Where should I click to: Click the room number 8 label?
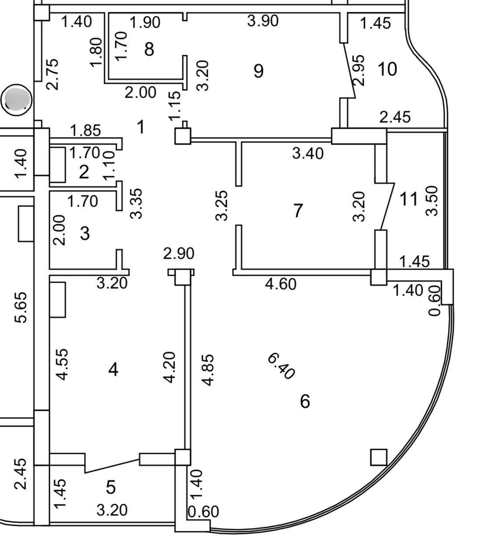149,49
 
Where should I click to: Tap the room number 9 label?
259,71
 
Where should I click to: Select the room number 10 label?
387,69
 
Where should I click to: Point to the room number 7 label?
298,210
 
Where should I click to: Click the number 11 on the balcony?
409,199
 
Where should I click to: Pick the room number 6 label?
305,402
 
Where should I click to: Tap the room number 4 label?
113,369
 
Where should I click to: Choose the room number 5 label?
111,487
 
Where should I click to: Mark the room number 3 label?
85,234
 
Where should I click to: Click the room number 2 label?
84,172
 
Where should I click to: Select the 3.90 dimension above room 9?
263,21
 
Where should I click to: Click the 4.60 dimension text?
281,284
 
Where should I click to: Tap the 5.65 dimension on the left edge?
21,307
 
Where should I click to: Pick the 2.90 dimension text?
179,253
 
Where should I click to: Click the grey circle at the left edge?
17,100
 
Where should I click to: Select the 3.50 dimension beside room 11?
432,201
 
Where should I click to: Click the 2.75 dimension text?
52,74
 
